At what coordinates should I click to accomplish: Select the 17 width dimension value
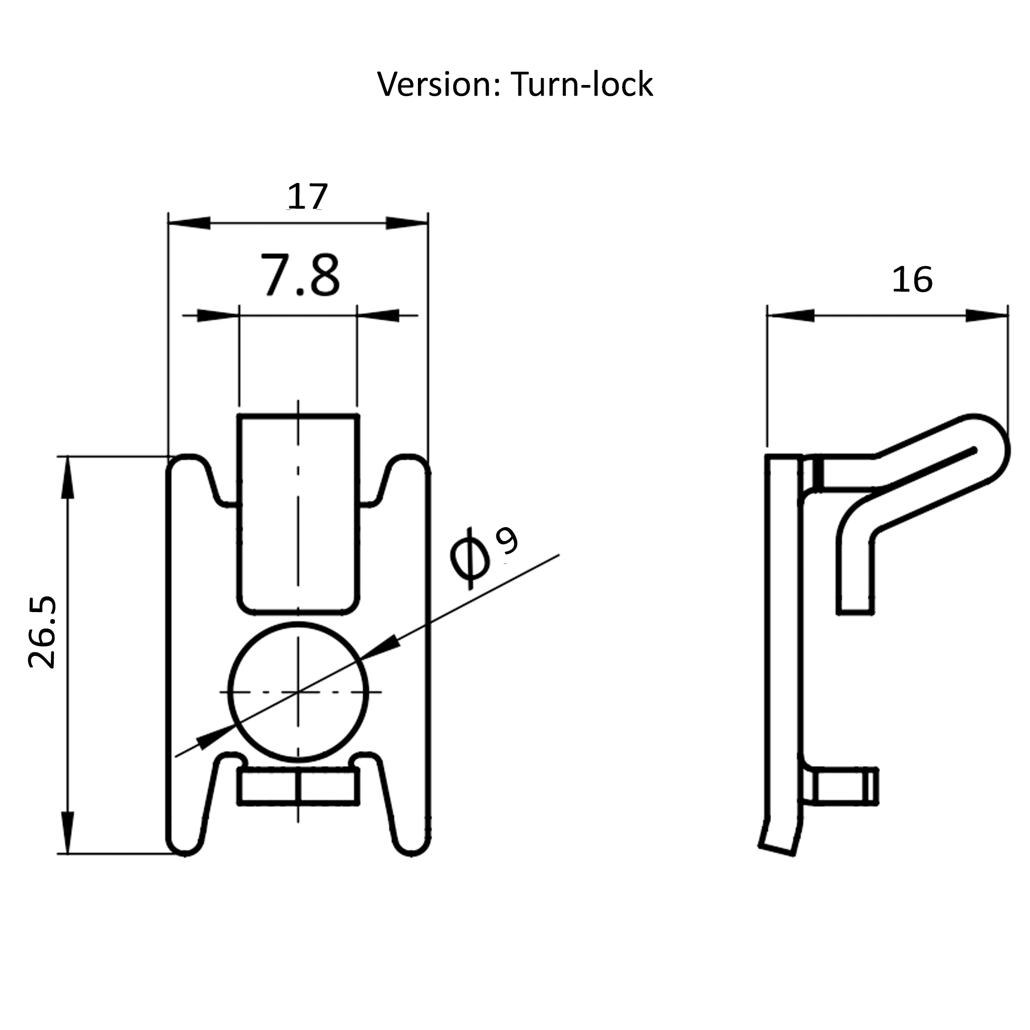[x=307, y=197]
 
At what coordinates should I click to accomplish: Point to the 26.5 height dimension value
[x=43, y=632]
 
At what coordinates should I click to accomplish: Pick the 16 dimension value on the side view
[x=912, y=280]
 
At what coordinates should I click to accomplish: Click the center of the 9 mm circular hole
[x=298, y=693]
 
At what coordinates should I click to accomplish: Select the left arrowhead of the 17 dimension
[x=189, y=223]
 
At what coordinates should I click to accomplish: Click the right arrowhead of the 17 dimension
[x=407, y=223]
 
